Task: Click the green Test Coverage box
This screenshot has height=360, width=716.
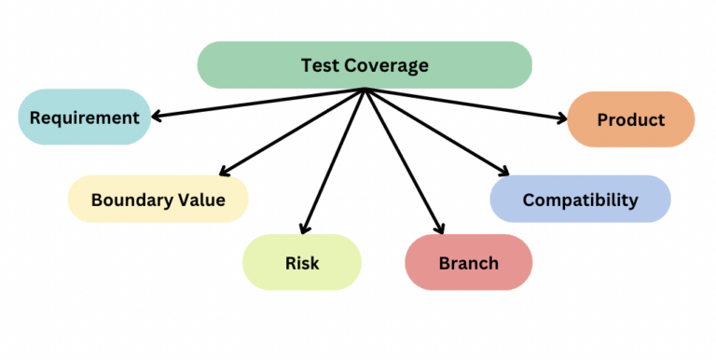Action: point(365,65)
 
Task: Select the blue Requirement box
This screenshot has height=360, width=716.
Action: point(84,118)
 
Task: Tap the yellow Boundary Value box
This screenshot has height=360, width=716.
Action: point(158,200)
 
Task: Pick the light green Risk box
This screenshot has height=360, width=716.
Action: point(301,262)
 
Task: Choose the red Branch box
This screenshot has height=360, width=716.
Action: point(468,262)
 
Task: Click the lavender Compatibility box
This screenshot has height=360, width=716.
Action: point(580,200)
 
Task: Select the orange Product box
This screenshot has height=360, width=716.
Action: point(630,119)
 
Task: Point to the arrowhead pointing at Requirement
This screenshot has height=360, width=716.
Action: point(157,117)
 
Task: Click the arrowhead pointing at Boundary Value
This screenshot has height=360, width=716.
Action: point(223,171)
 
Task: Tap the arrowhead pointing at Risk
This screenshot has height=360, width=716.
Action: point(304,228)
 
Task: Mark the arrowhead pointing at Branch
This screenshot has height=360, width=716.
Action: point(438,228)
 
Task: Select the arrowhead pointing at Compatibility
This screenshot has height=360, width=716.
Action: point(504,172)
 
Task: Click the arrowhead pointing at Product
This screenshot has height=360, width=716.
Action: point(561,118)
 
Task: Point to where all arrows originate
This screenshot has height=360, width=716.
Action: point(365,90)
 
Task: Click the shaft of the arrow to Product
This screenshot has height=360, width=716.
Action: point(466,104)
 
